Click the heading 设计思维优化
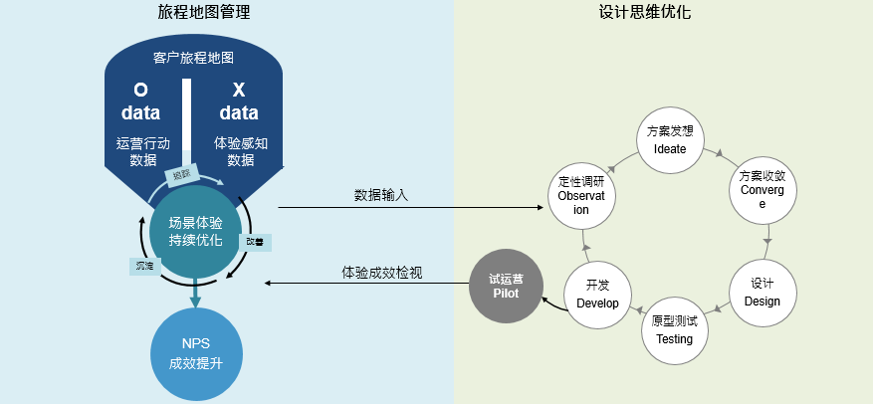pos(645,13)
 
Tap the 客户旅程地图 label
pos(194,58)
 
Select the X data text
pos(239,101)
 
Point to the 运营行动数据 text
pos(143,151)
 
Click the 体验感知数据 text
pos(241,151)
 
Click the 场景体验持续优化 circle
pos(195,230)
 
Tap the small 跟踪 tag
pos(180,175)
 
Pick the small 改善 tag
pos(256,241)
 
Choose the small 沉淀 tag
pos(145,266)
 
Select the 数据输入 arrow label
pos(381,196)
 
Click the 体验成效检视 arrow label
pos(382,272)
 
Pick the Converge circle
pos(763,189)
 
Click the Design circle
pos(762,293)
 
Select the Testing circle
pos(674,329)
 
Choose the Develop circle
pos(597,295)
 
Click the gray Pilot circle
pos(506,287)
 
